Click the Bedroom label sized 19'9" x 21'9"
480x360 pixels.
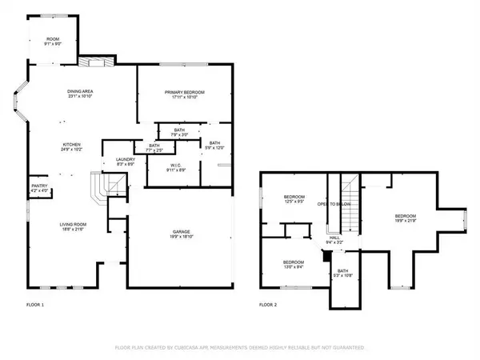click(405, 218)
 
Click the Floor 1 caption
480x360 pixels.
click(35, 305)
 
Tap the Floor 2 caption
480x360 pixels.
click(267, 305)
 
